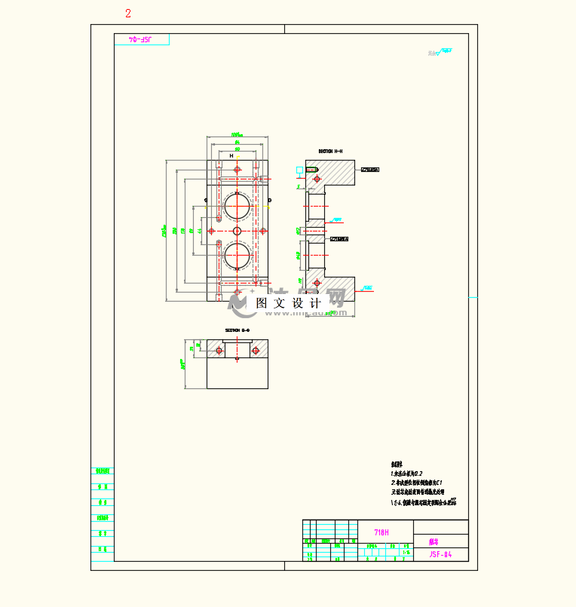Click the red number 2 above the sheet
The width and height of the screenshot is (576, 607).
tap(128, 13)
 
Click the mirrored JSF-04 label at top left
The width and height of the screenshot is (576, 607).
tap(142, 38)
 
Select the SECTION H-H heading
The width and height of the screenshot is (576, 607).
tap(330, 151)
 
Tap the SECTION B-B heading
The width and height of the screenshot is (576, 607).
tap(237, 330)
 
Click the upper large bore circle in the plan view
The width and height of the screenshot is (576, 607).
tap(237, 205)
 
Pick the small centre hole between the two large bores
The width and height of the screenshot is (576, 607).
tap(237, 230)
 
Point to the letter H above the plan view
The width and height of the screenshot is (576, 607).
tap(231, 156)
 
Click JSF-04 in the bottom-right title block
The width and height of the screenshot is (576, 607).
tap(440, 554)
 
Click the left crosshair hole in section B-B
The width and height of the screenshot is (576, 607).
tap(219, 351)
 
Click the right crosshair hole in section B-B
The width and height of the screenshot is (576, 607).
tap(256, 351)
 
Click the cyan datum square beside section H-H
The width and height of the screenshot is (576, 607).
tap(300, 170)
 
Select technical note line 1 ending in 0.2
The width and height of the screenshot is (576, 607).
tap(408, 473)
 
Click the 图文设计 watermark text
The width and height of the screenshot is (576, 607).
tap(289, 302)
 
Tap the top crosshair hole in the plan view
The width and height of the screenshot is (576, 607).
tap(237, 170)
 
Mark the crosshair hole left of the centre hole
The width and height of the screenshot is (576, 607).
tap(212, 230)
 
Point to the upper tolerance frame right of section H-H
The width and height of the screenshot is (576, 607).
tap(369, 170)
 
